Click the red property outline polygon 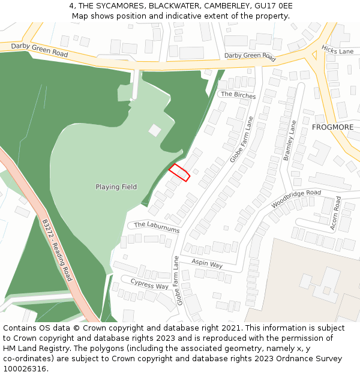pyautogui.click(x=179, y=172)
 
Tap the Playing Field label pyautogui.click(x=116, y=187)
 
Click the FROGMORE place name pyautogui.click(x=332, y=128)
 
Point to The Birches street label pyautogui.click(x=238, y=95)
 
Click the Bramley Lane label pyautogui.click(x=290, y=140)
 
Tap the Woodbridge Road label pyautogui.click(x=296, y=199)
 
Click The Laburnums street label pyautogui.click(x=156, y=227)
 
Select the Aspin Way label pyautogui.click(x=207, y=263)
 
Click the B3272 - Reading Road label pyautogui.click(x=57, y=250)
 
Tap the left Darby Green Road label pyautogui.click(x=40, y=50)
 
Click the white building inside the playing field pyautogui.click(x=155, y=130)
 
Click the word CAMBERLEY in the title pyautogui.click(x=227, y=6)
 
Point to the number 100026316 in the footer pyautogui.click(x=24, y=368)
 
